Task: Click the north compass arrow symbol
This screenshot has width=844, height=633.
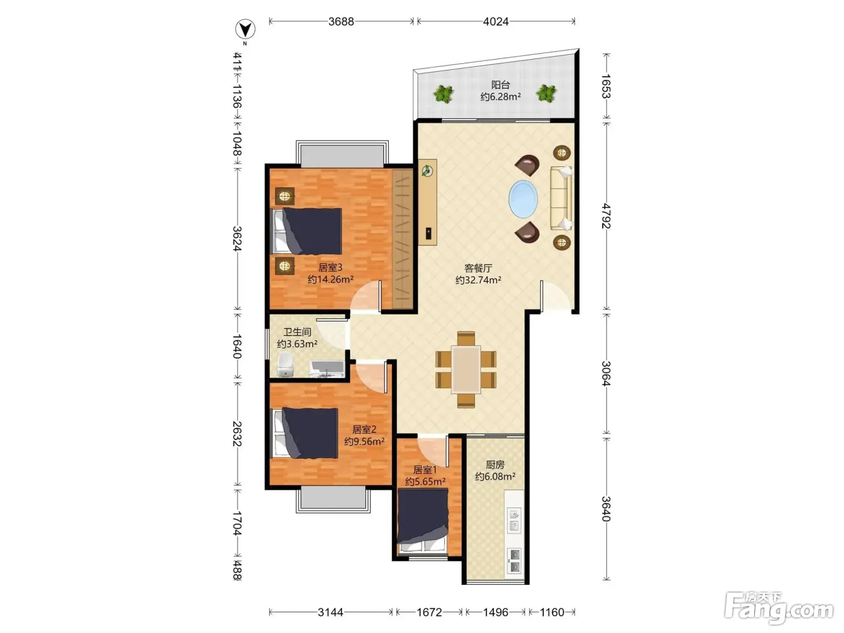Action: pyautogui.click(x=245, y=30)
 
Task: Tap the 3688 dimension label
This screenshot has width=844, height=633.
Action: pyautogui.click(x=341, y=22)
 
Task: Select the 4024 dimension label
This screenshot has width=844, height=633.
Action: pyautogui.click(x=496, y=22)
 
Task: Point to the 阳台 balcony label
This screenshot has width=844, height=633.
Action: pyautogui.click(x=500, y=84)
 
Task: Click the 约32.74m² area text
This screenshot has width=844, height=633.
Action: pyautogui.click(x=478, y=280)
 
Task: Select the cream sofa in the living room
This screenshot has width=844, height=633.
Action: pyautogui.click(x=561, y=198)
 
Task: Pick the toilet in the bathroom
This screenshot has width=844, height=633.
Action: pyautogui.click(x=285, y=364)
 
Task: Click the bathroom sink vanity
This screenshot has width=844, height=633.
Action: pyautogui.click(x=327, y=369)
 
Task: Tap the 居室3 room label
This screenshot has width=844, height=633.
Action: pyautogui.click(x=330, y=268)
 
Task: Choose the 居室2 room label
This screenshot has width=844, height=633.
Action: pyautogui.click(x=364, y=429)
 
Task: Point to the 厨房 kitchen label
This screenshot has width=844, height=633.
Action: pyautogui.click(x=495, y=465)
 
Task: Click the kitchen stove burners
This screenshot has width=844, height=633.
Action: pyautogui.click(x=514, y=561)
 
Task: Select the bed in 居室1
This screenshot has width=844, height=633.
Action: pyautogui.click(x=423, y=521)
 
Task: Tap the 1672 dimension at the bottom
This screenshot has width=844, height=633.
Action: pyautogui.click(x=429, y=612)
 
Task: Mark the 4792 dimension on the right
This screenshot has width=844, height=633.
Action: pyautogui.click(x=606, y=216)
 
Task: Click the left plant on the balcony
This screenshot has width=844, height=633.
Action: pyautogui.click(x=444, y=93)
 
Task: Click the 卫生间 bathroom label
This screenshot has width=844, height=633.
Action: pyautogui.click(x=297, y=332)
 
